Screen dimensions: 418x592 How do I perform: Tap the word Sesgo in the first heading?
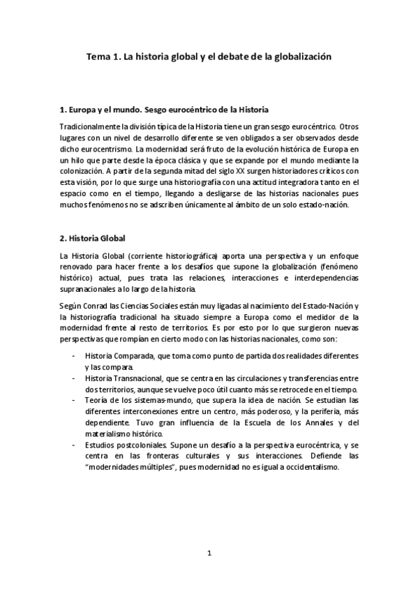(151, 110)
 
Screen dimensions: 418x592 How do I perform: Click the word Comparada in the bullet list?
(130, 356)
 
